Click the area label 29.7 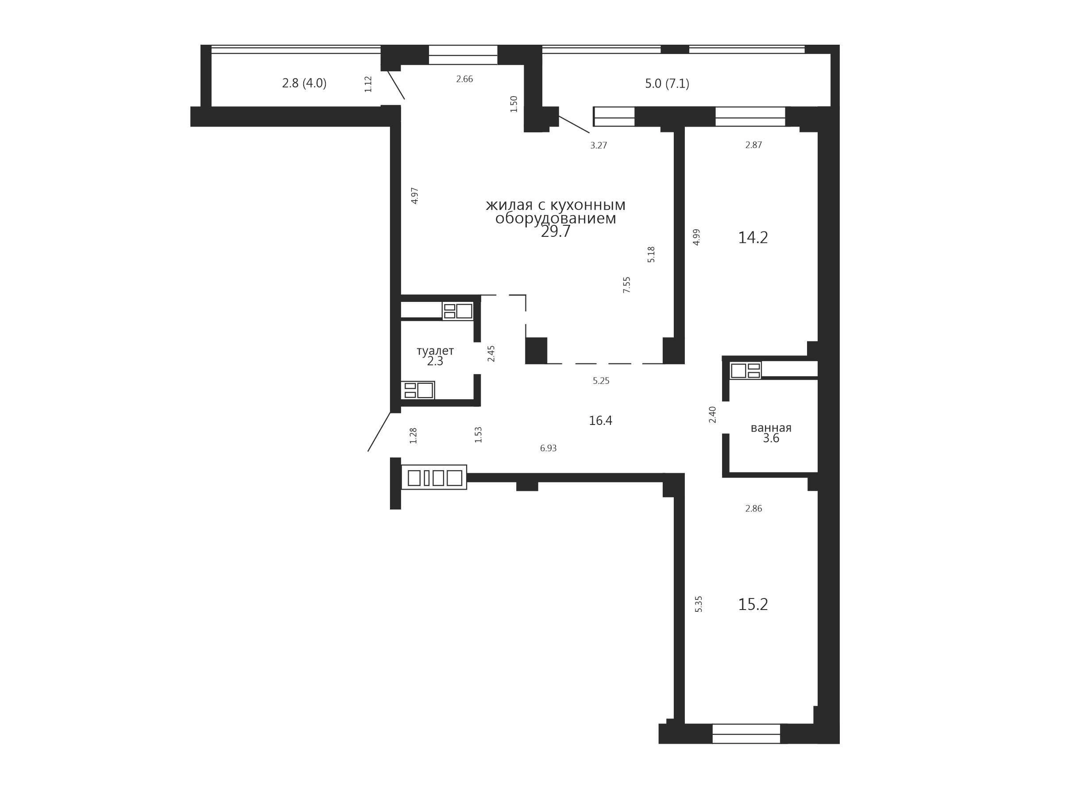coord(555,232)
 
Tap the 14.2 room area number coord(753,238)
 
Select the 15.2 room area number coord(753,604)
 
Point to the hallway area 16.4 coord(600,421)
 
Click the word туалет coord(435,351)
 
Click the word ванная coord(771,428)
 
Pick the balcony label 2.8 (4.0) coord(304,83)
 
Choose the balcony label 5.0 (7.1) coord(667,84)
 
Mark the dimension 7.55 coord(626,285)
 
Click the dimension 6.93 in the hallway coord(548,448)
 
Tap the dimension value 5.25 coord(601,381)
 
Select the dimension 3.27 coord(599,145)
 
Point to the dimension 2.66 coord(464,79)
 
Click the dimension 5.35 coord(699,604)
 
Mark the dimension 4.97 coord(414,195)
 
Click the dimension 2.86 coord(753,509)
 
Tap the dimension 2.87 coord(753,145)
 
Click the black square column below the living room coord(536,351)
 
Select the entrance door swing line coord(379,432)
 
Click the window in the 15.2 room coord(746,734)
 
